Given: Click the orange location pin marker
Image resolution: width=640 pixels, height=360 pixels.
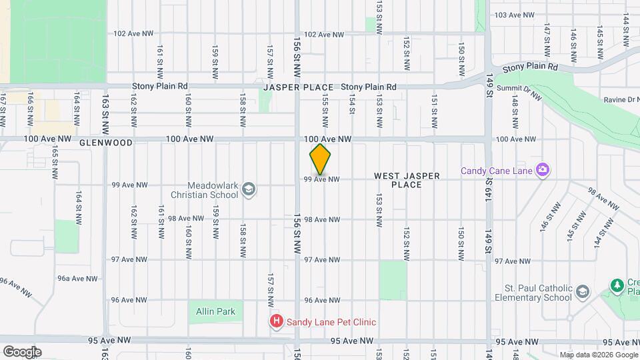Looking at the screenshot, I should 320,159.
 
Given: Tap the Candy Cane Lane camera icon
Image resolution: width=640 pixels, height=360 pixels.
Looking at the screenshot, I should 542,170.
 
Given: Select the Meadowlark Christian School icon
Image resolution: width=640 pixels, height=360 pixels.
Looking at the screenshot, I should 249,189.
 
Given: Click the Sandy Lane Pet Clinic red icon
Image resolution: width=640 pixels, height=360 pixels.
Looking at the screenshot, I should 276,322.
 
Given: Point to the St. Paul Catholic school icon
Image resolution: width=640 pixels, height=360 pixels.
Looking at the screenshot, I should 583,292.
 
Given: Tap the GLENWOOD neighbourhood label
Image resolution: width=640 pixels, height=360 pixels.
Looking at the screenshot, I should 105,143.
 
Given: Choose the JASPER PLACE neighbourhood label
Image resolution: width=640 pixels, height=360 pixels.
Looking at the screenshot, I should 298,88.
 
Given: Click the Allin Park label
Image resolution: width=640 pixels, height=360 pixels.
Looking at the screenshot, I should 215,311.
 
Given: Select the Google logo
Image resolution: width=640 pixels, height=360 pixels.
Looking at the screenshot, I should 21,352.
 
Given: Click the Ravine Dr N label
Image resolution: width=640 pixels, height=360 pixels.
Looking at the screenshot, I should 619,100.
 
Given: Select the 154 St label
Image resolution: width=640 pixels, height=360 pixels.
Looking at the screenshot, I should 352,107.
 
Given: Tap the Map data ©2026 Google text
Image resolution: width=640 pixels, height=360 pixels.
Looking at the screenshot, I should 599,355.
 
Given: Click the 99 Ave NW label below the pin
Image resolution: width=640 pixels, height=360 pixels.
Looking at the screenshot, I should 322,179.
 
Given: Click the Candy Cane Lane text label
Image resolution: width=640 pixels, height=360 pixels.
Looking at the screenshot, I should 496,171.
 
